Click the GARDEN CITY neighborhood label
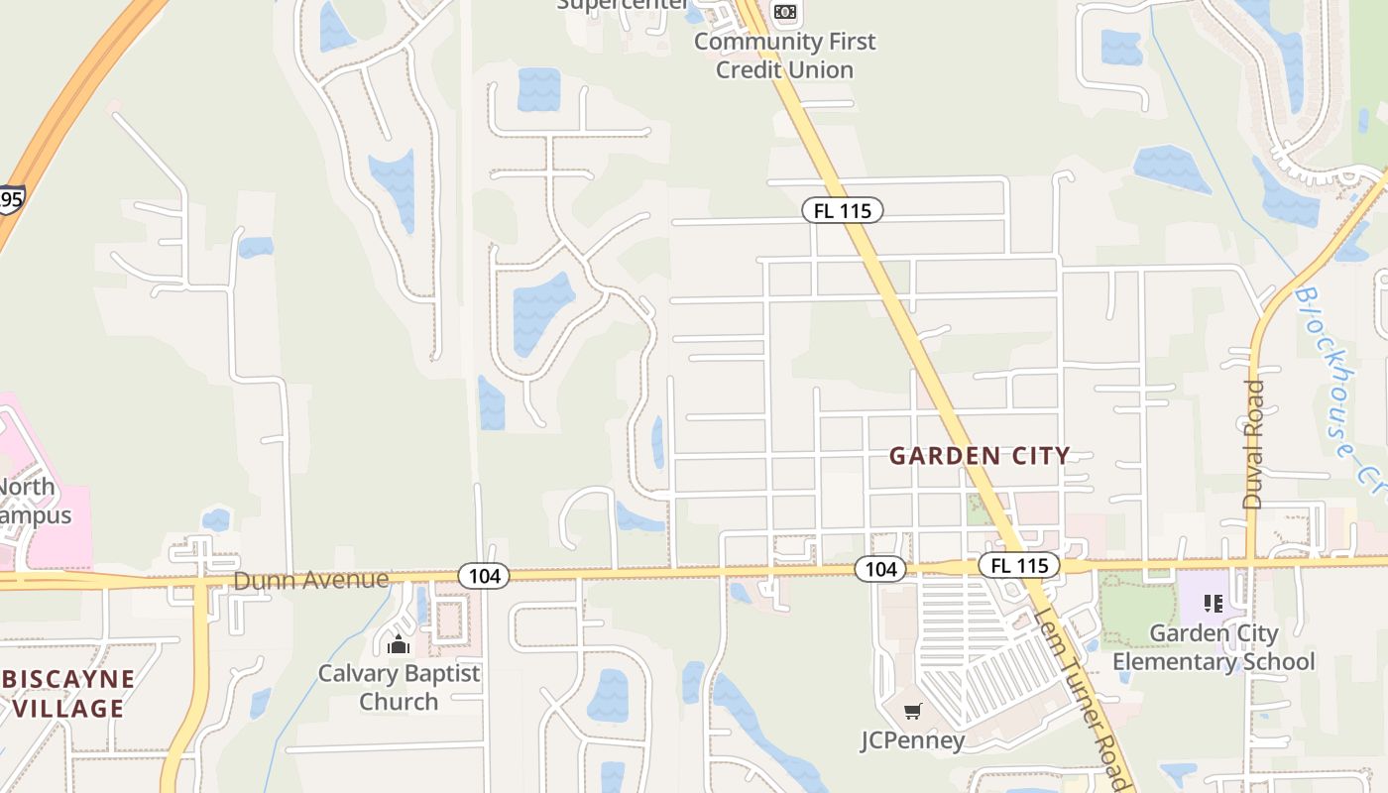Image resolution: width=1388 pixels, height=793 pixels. click(x=980, y=456)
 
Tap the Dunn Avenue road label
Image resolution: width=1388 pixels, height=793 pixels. click(x=310, y=580)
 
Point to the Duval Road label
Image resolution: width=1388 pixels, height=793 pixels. click(x=1253, y=444)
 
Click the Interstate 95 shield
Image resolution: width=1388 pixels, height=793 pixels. click(x=10, y=200)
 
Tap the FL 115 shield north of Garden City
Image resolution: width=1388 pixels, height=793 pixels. click(x=842, y=210)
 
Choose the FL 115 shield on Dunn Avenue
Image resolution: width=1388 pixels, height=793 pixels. click(x=1019, y=566)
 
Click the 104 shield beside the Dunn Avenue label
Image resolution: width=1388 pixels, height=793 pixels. click(x=484, y=575)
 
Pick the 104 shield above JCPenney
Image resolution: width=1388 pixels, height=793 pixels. click(x=880, y=568)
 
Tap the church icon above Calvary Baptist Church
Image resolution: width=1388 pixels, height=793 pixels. click(x=399, y=645)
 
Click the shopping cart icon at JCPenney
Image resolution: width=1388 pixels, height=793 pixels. click(x=913, y=711)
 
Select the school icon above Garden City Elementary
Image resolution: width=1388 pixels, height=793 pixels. click(x=1213, y=603)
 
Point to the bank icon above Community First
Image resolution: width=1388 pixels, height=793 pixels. click(x=785, y=11)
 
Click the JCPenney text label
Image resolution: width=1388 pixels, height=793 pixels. click(x=912, y=740)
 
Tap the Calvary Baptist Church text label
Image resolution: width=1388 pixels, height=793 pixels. click(x=399, y=687)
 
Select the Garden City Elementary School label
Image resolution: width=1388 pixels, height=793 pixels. click(x=1214, y=647)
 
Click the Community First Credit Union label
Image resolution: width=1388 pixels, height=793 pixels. click(x=785, y=56)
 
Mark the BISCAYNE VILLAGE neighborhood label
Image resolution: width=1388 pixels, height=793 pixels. click(x=69, y=694)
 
